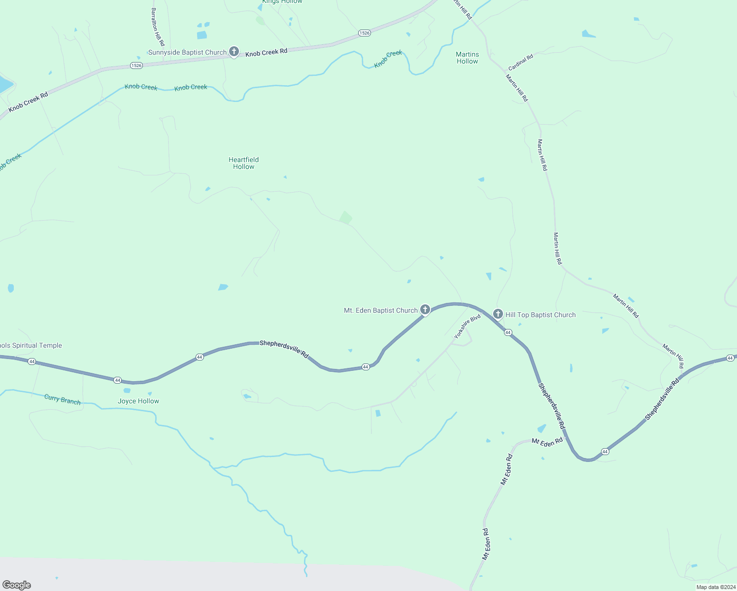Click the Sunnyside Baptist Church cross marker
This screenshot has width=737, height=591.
coord(234,51)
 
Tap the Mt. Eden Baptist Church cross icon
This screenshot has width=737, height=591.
coord(425,309)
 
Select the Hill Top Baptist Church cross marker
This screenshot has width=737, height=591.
coord(498,314)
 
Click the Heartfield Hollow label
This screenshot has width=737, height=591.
coord(243,163)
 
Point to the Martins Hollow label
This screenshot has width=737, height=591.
coord(467,58)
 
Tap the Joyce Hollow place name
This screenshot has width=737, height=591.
coord(138,401)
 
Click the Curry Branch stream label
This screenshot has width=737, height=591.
coord(62,399)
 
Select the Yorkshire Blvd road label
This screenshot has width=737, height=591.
coord(467,327)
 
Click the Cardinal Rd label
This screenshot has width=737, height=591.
coord(521,62)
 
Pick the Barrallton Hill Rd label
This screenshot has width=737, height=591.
coord(158,27)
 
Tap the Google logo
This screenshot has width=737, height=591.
coord(17,585)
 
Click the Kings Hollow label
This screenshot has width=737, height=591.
coord(282,2)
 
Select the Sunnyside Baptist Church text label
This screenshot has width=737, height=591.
coord(187,52)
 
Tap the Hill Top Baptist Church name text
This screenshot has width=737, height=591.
coord(540,315)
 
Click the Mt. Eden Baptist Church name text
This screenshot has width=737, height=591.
coord(380,310)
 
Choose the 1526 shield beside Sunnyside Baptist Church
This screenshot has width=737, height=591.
coord(136,66)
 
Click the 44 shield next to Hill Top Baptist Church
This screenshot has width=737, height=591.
coord(508,332)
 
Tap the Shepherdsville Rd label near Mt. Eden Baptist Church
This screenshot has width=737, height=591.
coord(284,349)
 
